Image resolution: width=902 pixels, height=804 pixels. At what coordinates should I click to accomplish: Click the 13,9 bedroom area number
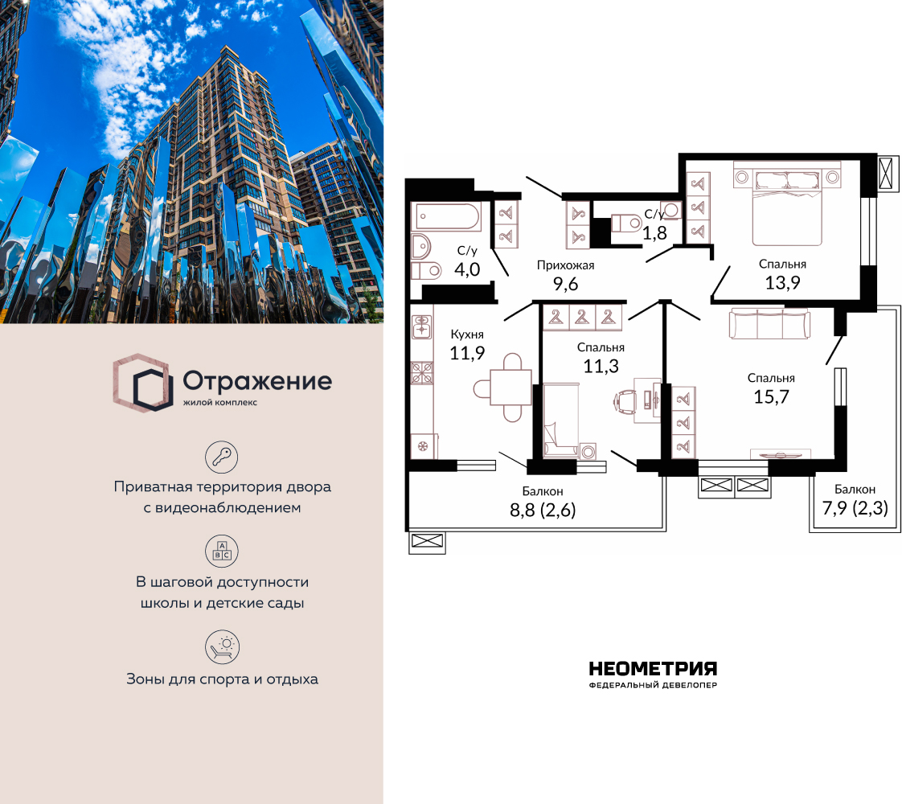782,283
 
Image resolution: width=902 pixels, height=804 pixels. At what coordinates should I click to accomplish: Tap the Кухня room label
467,334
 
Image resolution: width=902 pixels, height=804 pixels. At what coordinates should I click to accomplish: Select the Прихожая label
565,265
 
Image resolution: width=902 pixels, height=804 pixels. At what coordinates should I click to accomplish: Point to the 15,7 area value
772,397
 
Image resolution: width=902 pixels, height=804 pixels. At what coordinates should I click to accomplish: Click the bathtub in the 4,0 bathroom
448,216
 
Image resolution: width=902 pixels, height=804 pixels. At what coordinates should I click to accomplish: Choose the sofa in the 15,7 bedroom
769,324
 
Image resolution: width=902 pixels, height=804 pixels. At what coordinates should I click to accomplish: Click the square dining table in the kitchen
510,388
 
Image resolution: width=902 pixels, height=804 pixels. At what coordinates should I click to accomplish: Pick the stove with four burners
422,373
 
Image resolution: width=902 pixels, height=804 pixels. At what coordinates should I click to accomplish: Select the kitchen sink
422,326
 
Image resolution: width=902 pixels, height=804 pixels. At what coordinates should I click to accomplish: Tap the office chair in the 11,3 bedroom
626,400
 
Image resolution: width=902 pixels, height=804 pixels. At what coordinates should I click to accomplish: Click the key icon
222,457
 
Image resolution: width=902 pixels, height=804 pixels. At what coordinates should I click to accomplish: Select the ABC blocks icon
222,551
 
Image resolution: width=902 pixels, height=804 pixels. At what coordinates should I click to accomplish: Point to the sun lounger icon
222,646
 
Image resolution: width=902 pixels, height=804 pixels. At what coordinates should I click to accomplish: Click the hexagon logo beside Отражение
142,383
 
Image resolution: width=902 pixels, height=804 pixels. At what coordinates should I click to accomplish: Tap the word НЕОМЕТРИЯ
653,669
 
